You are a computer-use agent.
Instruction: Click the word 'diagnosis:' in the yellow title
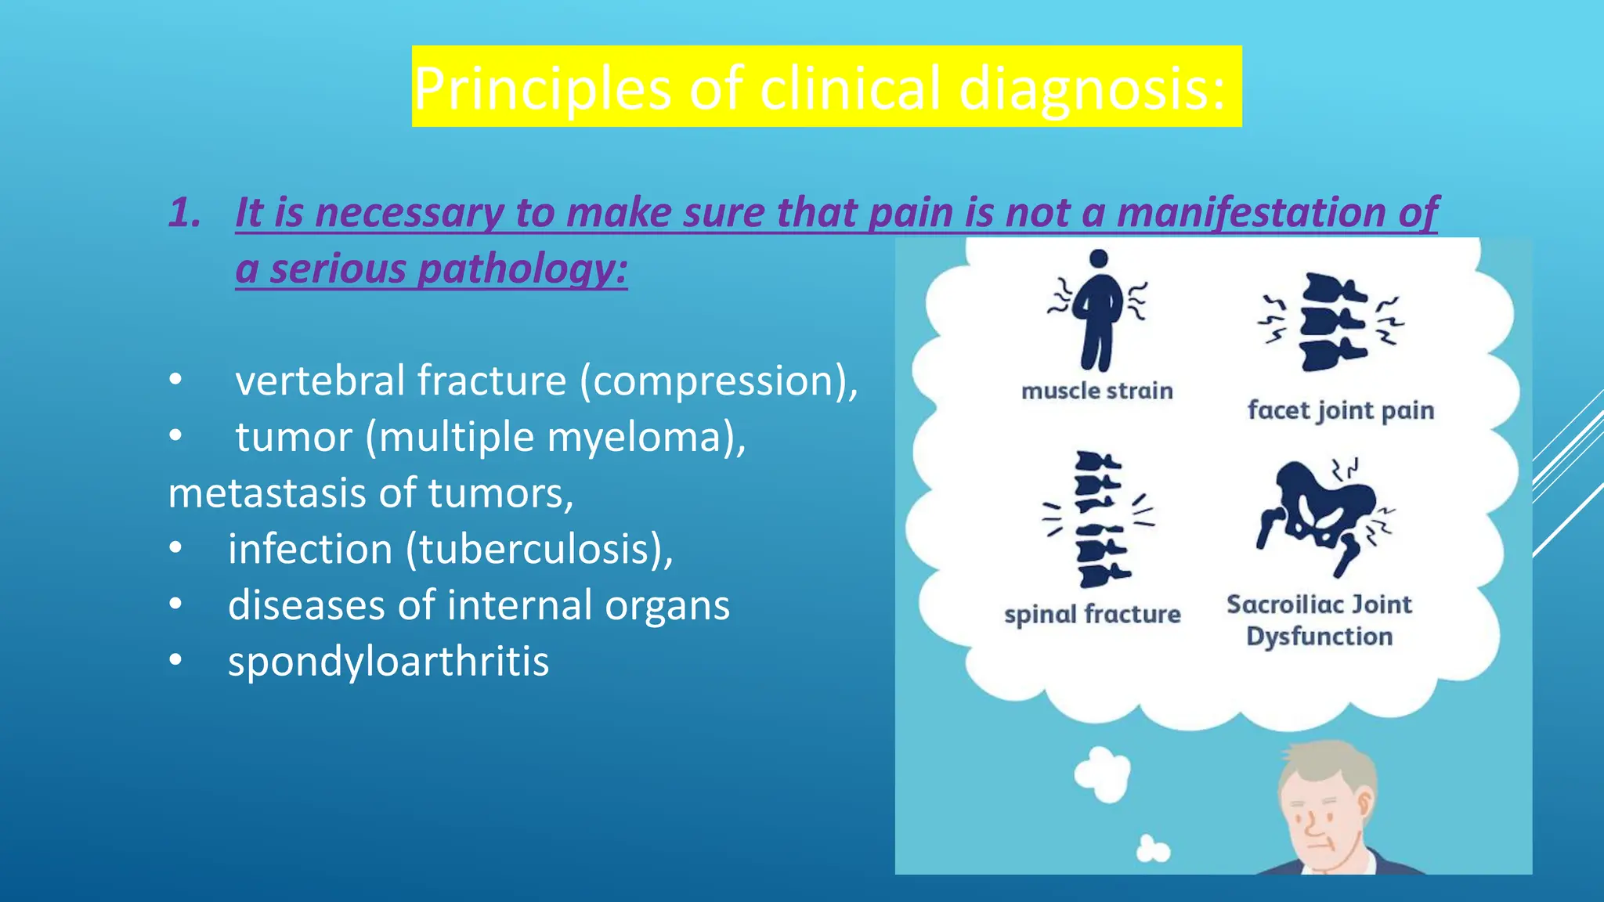point(1092,88)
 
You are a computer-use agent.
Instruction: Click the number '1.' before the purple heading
point(185,213)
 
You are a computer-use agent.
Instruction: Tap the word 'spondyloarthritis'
point(388,662)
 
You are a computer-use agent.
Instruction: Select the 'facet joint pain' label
point(1340,410)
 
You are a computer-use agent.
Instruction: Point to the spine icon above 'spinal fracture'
point(1100,518)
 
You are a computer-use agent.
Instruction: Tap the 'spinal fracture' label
point(1092,615)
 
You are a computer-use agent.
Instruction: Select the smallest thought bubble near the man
point(1153,850)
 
